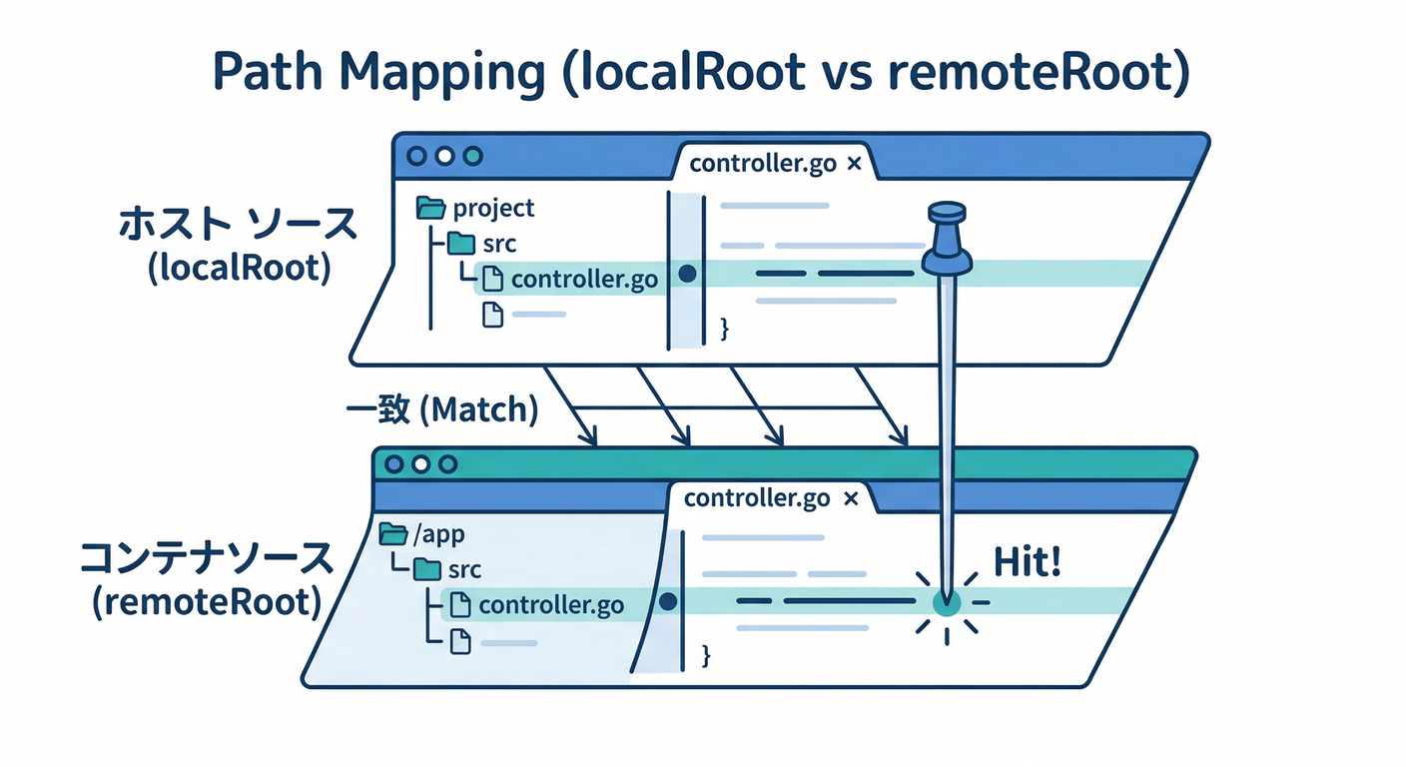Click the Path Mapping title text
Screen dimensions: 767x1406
(702, 76)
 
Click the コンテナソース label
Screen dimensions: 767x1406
(206, 559)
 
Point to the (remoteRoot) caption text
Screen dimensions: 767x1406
(206, 603)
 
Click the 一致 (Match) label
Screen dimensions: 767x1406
(441, 409)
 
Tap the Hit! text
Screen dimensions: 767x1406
(1027, 563)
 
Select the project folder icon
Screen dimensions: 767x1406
(430, 208)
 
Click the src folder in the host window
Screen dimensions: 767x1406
(461, 244)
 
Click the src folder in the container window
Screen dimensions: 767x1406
(427, 569)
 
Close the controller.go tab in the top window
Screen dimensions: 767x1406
(853, 165)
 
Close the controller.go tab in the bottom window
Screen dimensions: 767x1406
(850, 497)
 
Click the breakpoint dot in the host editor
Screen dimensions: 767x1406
(686, 273)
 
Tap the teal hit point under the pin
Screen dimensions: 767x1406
(946, 601)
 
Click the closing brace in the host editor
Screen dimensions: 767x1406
(725, 327)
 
